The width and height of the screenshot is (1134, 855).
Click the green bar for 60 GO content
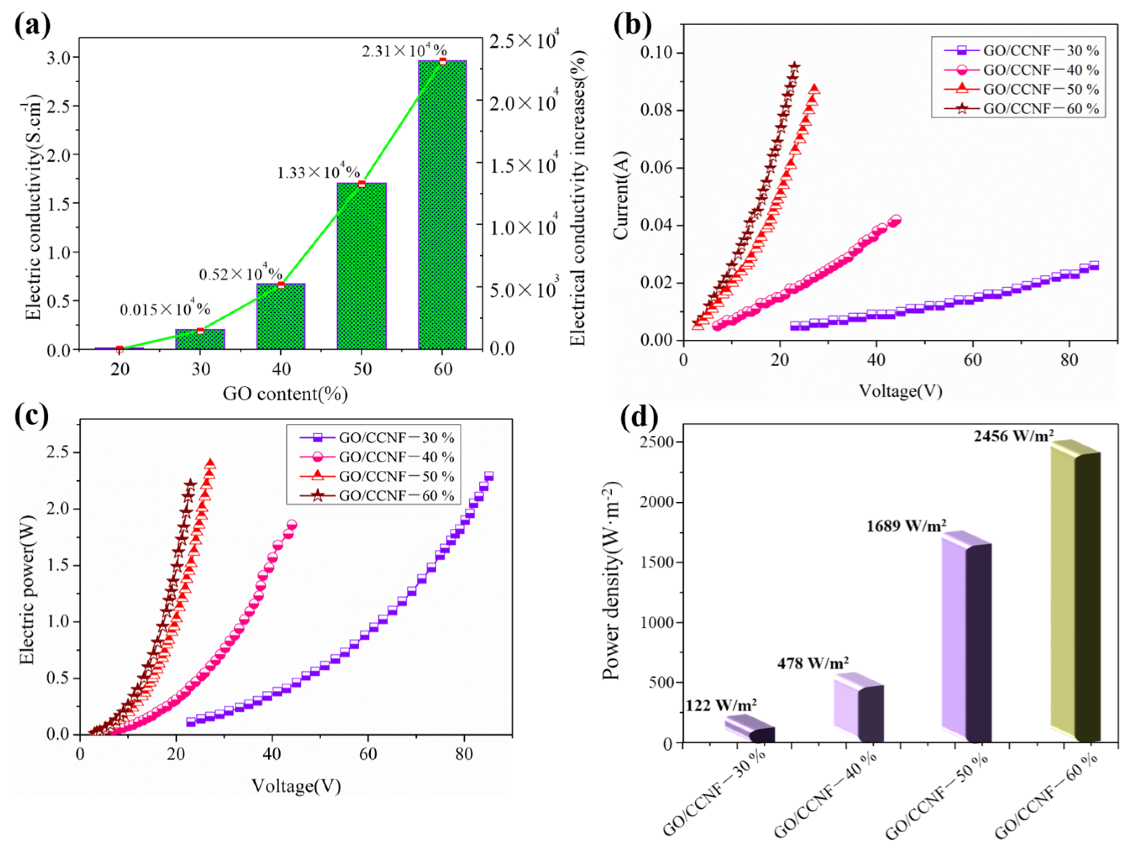point(442,205)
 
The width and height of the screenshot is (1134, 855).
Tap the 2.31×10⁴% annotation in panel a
point(404,51)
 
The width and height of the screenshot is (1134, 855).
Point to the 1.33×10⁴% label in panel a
point(318,172)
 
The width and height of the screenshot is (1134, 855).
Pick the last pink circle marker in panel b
point(896,220)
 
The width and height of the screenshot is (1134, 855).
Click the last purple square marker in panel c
point(489,476)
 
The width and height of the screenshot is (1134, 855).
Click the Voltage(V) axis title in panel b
point(900,391)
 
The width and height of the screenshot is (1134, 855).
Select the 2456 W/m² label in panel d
point(1014,436)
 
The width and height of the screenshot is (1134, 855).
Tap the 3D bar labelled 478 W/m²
point(858,708)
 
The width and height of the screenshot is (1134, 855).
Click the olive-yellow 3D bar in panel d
point(1075,590)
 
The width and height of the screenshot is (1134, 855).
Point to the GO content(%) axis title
point(285,394)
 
